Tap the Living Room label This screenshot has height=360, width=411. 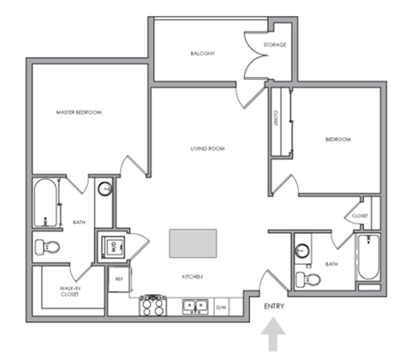(207, 148)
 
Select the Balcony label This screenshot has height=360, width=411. (202, 54)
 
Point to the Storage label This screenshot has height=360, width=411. (275, 45)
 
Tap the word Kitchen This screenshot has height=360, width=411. (191, 277)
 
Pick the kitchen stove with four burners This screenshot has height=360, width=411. (152, 303)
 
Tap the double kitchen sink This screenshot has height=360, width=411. (194, 304)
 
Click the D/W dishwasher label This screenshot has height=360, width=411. (221, 306)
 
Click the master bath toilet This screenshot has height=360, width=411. (48, 247)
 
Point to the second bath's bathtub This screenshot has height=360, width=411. (367, 257)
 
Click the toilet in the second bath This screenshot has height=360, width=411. (307, 279)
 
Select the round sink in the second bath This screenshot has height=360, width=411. (302, 252)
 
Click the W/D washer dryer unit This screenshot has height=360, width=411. (111, 246)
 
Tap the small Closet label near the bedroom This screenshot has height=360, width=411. (360, 216)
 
